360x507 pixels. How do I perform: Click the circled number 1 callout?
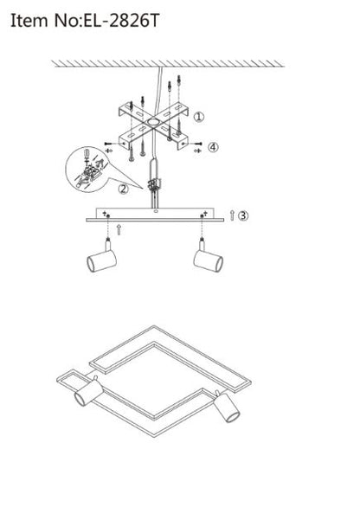coord(199,117)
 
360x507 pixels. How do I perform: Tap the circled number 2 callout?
coord(123,189)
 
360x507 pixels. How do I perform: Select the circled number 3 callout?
coord(243,215)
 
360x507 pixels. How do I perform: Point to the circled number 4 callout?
coord(213,147)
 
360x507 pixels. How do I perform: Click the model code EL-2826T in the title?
coord(122,21)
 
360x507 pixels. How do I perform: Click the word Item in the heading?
coord(29,21)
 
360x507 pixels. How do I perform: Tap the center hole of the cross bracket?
coord(152,123)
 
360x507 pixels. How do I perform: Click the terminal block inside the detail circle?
coord(91,170)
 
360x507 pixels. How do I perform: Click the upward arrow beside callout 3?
coord(232,215)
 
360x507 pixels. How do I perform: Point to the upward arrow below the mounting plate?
coord(119,229)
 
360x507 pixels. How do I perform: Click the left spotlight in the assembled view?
coord(88,392)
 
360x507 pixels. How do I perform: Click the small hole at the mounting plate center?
coord(156,211)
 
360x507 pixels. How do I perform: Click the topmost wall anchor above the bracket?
coord(178,80)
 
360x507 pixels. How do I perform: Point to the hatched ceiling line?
coord(168,64)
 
